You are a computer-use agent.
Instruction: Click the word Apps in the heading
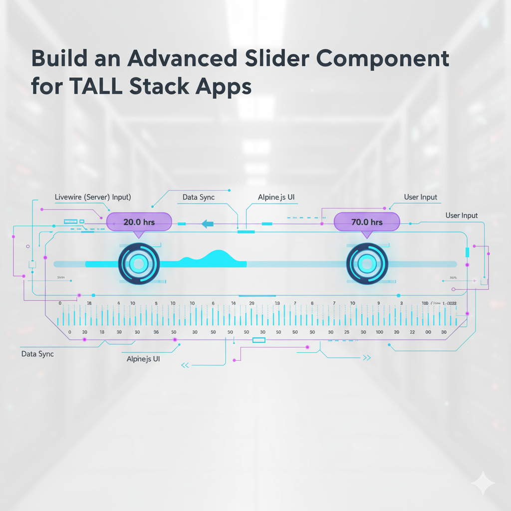(x=223, y=87)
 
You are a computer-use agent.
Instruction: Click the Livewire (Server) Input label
(x=92, y=197)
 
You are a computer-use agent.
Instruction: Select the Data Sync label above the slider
(x=198, y=197)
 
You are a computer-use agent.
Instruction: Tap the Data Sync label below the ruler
(x=37, y=354)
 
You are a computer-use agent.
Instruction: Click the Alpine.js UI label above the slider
(x=276, y=197)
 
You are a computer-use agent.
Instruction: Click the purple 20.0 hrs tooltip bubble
(x=139, y=222)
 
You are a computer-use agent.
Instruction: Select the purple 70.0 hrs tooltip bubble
(x=367, y=222)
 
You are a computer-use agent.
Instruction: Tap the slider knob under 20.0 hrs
(x=139, y=263)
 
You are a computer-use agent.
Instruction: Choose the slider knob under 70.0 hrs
(x=367, y=263)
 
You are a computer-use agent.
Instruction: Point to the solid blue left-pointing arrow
(x=207, y=224)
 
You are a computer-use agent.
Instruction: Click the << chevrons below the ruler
(x=185, y=365)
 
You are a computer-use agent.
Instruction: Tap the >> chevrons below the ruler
(x=367, y=358)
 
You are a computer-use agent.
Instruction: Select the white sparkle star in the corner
(x=483, y=483)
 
